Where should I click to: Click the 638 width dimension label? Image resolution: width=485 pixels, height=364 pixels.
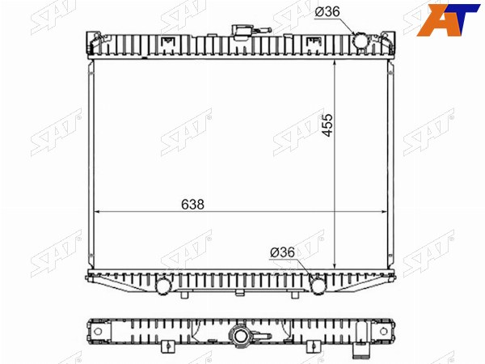(x=192, y=205)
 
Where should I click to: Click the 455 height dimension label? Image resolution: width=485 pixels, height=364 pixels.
(x=327, y=125)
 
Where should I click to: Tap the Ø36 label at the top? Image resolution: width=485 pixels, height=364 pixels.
(x=327, y=12)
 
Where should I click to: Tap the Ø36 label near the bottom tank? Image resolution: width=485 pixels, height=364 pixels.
(x=282, y=252)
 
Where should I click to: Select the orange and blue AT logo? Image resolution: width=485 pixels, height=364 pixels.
(x=448, y=19)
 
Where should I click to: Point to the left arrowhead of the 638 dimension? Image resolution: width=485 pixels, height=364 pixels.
(x=96, y=212)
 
